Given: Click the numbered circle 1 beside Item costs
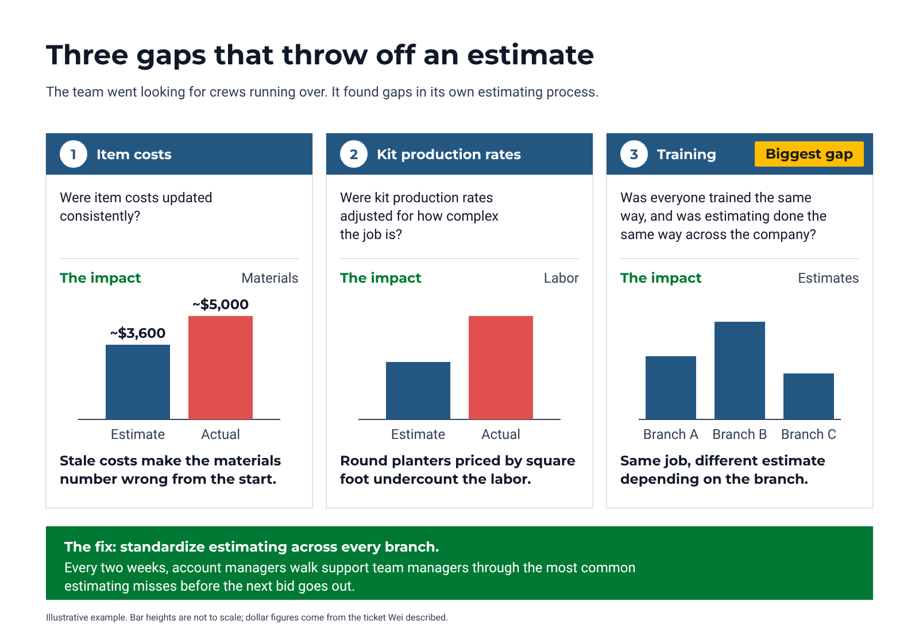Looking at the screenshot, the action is click(x=74, y=155).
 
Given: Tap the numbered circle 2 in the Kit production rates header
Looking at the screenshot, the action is click(x=354, y=155).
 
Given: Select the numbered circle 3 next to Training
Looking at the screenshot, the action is click(x=634, y=155).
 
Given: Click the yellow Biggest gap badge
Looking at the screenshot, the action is click(x=809, y=154).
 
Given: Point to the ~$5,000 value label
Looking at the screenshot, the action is click(x=221, y=305).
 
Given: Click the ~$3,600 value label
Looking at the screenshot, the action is click(x=138, y=333).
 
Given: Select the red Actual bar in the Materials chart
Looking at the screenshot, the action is click(x=221, y=368).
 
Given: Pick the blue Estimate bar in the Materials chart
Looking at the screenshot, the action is click(x=138, y=382).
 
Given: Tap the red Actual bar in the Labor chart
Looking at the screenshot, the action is click(x=500, y=368).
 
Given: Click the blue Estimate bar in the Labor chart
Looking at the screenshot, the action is click(x=418, y=391).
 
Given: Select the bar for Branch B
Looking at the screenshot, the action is click(x=740, y=371).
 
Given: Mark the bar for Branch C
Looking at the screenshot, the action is click(x=809, y=396).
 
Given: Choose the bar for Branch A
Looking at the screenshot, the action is click(x=671, y=388).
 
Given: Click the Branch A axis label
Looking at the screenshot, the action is click(x=671, y=434).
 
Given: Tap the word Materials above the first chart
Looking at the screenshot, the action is click(x=269, y=278).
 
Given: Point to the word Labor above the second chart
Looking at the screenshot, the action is click(x=561, y=278).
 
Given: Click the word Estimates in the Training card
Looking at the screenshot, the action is click(x=828, y=278).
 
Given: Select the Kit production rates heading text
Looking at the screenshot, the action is click(x=449, y=155).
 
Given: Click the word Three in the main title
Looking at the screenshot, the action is click(x=87, y=55).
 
